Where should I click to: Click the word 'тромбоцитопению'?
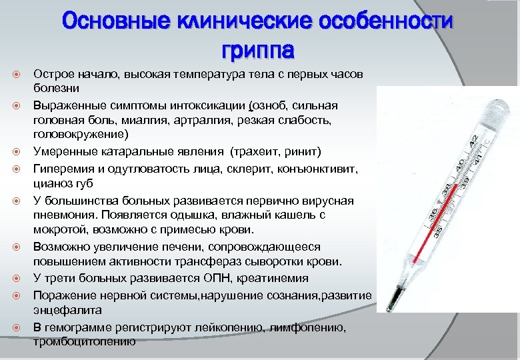pos(84,341)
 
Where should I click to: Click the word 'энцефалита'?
pos(67,310)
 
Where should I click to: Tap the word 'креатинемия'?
pos(275,278)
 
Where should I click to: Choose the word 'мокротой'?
pos(57,230)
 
